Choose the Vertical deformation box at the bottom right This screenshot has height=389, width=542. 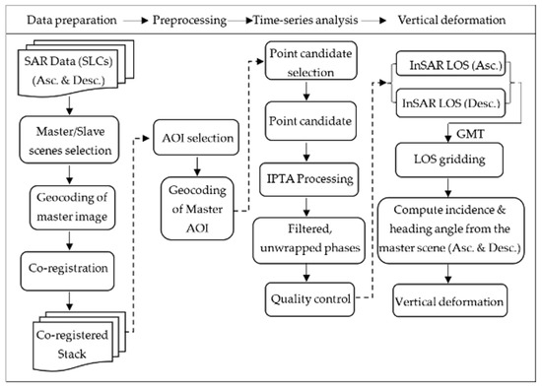pos(448,297)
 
